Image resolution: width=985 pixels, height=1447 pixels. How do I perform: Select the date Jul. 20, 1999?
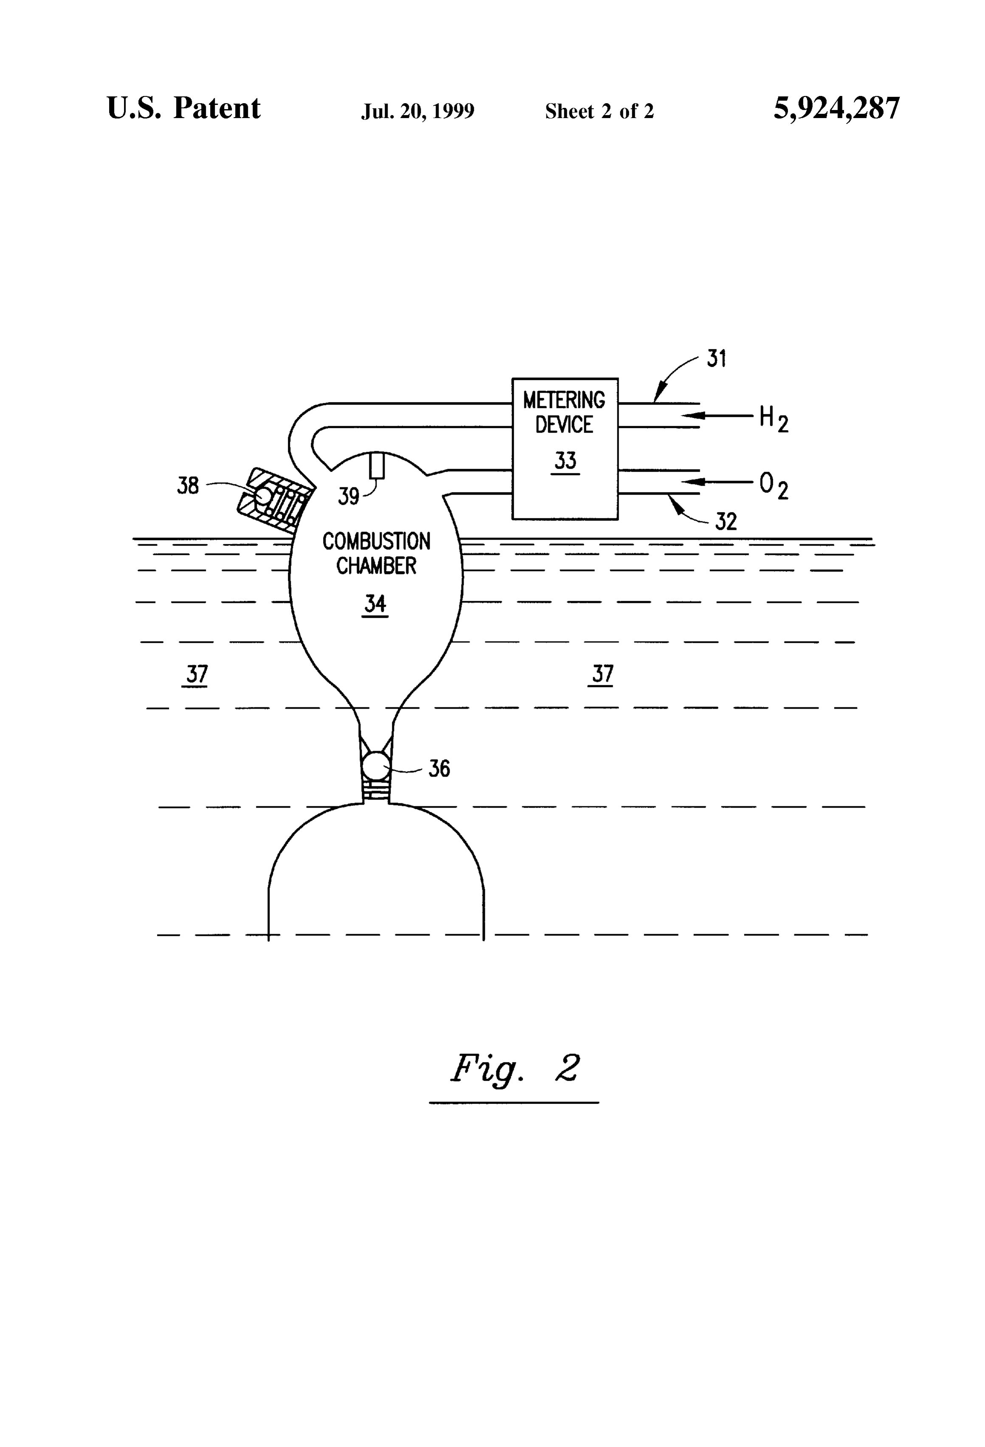(418, 111)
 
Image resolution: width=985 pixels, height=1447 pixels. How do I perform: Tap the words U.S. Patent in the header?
(184, 108)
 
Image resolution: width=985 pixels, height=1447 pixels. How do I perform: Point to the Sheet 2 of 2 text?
(599, 111)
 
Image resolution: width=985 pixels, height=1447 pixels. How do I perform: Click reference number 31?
(717, 359)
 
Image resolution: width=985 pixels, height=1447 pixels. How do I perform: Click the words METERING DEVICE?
(564, 412)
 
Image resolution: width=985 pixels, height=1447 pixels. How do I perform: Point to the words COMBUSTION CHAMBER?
(376, 553)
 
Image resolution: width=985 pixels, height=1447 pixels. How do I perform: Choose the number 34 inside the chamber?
(375, 603)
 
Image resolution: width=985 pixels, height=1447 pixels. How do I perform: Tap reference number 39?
(349, 496)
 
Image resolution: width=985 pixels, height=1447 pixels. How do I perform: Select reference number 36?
(439, 769)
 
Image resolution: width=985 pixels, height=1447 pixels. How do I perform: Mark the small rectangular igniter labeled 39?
(377, 465)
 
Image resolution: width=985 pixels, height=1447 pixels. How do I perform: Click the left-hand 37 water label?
(197, 674)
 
